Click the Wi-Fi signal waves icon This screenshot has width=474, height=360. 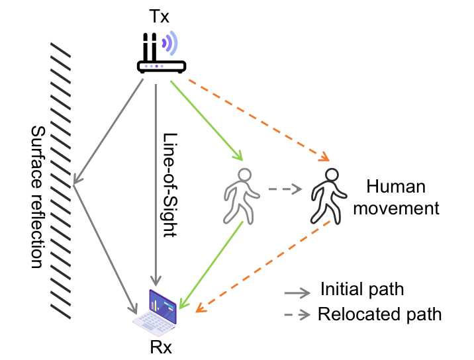coord(170,43)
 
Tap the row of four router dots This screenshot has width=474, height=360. coord(154,66)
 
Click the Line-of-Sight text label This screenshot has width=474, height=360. coord(172,185)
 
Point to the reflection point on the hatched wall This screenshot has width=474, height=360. coord(73,184)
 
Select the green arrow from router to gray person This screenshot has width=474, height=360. coord(206,120)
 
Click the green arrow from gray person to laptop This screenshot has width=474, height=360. coord(213,265)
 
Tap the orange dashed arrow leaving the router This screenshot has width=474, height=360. coord(258,120)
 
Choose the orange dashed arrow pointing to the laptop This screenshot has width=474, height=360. coord(265,265)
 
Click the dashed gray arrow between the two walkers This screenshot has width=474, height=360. coord(285,189)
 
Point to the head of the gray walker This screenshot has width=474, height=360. coord(245,175)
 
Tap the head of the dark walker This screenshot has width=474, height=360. coord(332,175)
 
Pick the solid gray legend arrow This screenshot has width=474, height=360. coord(297,293)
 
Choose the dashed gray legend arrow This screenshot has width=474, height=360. coord(297,315)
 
